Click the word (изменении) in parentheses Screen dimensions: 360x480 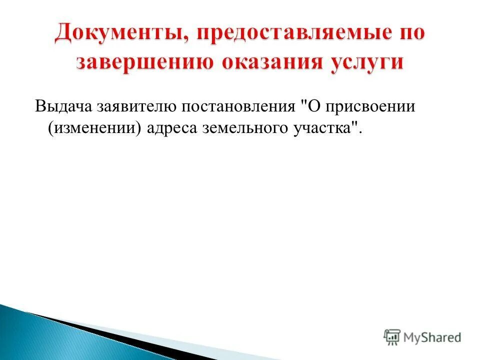tap(94, 128)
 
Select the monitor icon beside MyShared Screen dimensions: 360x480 tap(392, 337)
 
